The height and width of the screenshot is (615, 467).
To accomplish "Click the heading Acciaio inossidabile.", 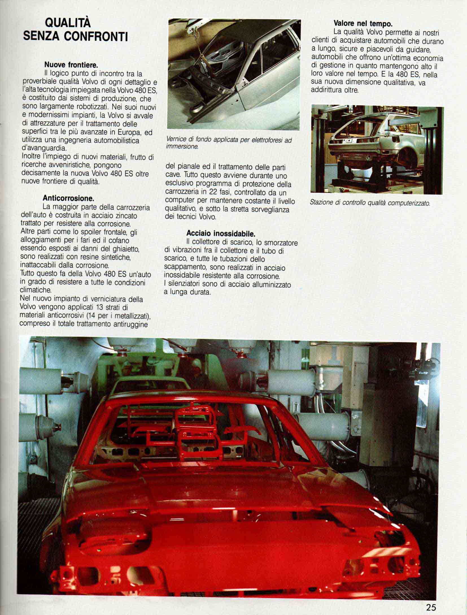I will pyautogui.click(x=221, y=234).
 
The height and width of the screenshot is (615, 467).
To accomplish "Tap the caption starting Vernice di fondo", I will pyautogui.click(x=229, y=143).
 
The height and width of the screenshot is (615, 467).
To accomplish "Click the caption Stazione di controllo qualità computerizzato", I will pyautogui.click(x=370, y=203).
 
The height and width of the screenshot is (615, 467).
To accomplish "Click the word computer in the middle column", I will pyautogui.click(x=177, y=201).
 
